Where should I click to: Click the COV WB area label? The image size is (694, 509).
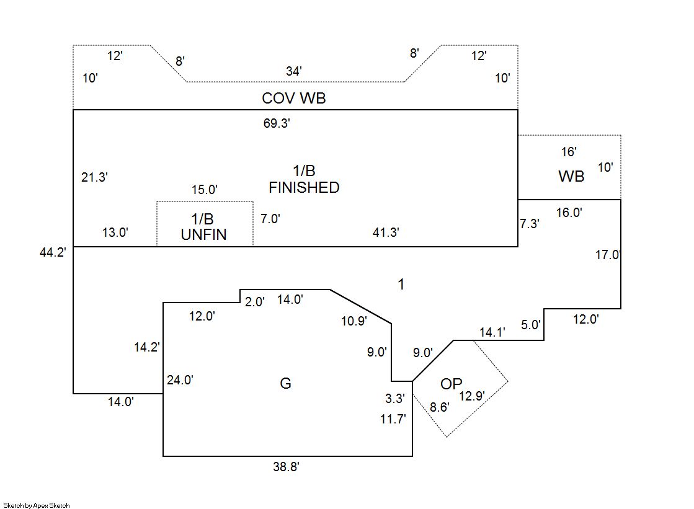click(x=293, y=98)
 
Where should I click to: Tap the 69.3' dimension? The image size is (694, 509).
click(x=277, y=123)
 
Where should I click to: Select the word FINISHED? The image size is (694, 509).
click(x=304, y=187)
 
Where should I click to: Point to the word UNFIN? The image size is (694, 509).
click(x=203, y=234)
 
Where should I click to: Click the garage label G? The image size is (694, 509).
click(x=285, y=384)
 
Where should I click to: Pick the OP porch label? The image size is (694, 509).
click(x=451, y=384)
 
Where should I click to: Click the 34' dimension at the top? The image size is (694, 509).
click(x=294, y=71)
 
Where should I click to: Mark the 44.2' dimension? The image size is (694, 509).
click(x=53, y=253)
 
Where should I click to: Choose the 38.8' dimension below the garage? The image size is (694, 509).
click(x=286, y=467)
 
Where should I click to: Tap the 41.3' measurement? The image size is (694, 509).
click(x=385, y=232)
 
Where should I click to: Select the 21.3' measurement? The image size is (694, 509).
click(x=95, y=177)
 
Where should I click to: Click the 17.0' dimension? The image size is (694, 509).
click(x=608, y=254)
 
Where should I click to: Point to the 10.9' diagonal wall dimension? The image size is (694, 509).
click(x=354, y=321)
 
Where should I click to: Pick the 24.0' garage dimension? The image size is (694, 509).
click(x=180, y=380)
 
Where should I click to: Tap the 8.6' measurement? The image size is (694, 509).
click(x=440, y=407)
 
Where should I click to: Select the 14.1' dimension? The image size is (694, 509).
click(x=492, y=332)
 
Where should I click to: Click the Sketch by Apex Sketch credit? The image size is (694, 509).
click(x=36, y=505)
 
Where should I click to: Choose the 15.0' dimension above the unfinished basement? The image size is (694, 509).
click(x=204, y=190)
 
